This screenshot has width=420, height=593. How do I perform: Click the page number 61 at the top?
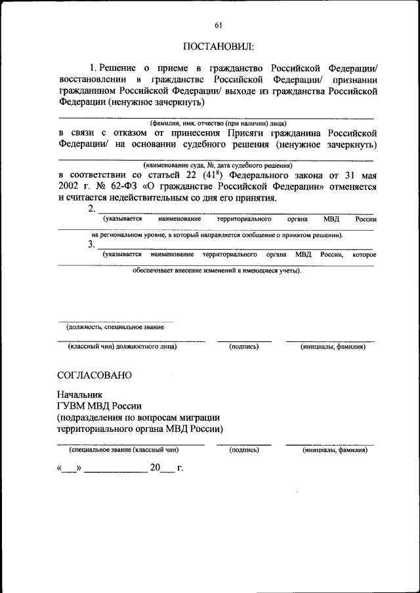pyautogui.click(x=218, y=26)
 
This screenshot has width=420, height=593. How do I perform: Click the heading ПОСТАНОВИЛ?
pyautogui.click(x=217, y=47)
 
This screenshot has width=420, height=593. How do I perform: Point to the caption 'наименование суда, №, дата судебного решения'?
pyautogui.click(x=217, y=166)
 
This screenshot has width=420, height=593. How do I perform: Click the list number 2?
pyautogui.click(x=91, y=208)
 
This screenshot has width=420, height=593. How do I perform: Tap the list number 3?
pyautogui.click(x=91, y=244)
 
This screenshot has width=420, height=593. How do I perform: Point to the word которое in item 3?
pyautogui.click(x=364, y=254)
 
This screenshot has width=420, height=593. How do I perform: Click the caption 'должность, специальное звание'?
pyautogui.click(x=115, y=327)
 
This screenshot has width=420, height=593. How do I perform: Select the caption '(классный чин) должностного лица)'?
pyautogui.click(x=123, y=347)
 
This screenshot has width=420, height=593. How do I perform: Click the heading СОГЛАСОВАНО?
pyautogui.click(x=94, y=375)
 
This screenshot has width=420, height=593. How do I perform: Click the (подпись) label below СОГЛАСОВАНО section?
pyautogui.click(x=244, y=450)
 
